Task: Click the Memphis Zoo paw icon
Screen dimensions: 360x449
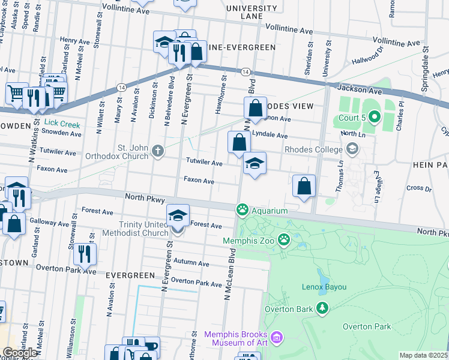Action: (x=283, y=241)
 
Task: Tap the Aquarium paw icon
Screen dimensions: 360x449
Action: (x=243, y=210)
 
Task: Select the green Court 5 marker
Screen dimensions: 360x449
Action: (x=375, y=116)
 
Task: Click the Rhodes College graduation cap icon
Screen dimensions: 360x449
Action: (x=352, y=148)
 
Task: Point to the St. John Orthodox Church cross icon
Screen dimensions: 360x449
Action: (x=158, y=150)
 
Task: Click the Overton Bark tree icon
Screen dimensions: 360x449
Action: (x=323, y=308)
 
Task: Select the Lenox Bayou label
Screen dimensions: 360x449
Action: (x=325, y=287)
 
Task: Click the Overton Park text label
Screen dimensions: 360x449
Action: (x=367, y=326)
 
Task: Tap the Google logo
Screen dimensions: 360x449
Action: (x=20, y=353)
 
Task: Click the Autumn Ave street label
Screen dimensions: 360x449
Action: (x=191, y=263)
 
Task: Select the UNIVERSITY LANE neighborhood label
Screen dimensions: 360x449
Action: (x=253, y=12)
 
